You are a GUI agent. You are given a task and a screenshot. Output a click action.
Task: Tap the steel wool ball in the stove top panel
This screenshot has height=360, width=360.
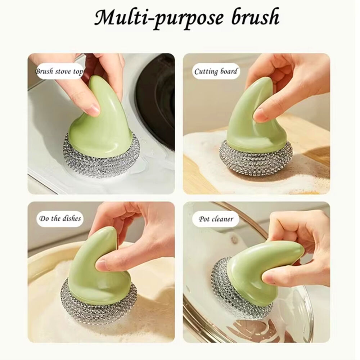tap(100, 158)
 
